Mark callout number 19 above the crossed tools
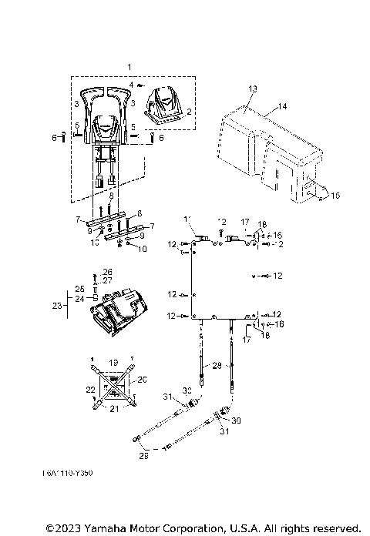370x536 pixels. point(113,361)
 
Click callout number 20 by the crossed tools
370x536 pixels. point(141,379)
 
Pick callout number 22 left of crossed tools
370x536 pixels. point(89,390)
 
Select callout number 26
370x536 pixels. point(107,272)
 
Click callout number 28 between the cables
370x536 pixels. point(217,364)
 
